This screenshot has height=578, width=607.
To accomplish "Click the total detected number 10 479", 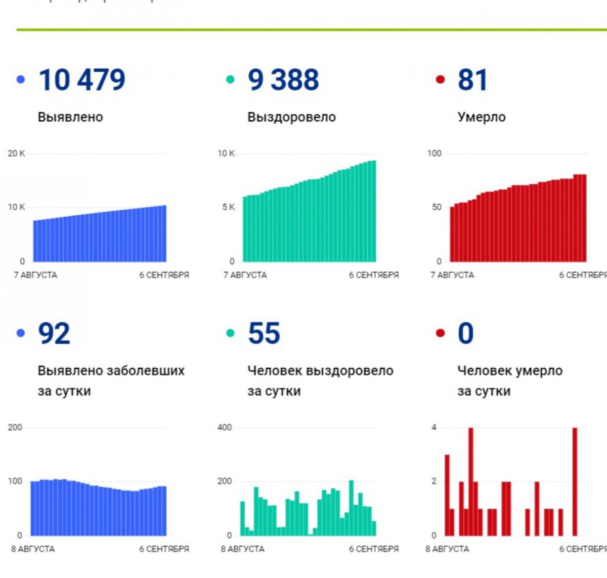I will (82, 80).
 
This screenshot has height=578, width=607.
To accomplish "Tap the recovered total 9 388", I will (283, 80).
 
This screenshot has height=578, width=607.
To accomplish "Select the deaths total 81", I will (472, 80).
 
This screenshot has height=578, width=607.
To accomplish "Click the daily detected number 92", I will (54, 333).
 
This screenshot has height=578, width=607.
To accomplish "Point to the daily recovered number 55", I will (264, 333).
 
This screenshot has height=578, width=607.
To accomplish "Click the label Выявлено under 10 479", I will (70, 117).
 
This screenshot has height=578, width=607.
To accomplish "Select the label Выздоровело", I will (291, 117).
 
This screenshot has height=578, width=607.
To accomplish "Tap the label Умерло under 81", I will (482, 117).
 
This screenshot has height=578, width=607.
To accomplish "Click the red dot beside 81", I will (440, 79).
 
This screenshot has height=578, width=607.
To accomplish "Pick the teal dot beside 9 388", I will (230, 79).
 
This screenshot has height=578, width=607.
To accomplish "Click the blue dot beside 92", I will (21, 333).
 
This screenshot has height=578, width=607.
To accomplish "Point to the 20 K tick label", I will (16, 154).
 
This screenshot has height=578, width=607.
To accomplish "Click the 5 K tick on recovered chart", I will (228, 207).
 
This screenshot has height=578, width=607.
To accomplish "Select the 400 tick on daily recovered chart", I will (225, 427).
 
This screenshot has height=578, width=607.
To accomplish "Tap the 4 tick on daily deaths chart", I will (434, 427).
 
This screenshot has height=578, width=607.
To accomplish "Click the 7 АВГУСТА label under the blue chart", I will (35, 275).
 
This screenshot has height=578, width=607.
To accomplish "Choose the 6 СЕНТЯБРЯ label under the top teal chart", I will (374, 275).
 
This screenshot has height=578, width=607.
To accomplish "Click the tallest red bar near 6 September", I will (575, 481).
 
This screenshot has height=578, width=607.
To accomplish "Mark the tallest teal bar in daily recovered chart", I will (352, 507).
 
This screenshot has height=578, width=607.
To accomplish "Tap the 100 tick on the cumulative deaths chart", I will (435, 154).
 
